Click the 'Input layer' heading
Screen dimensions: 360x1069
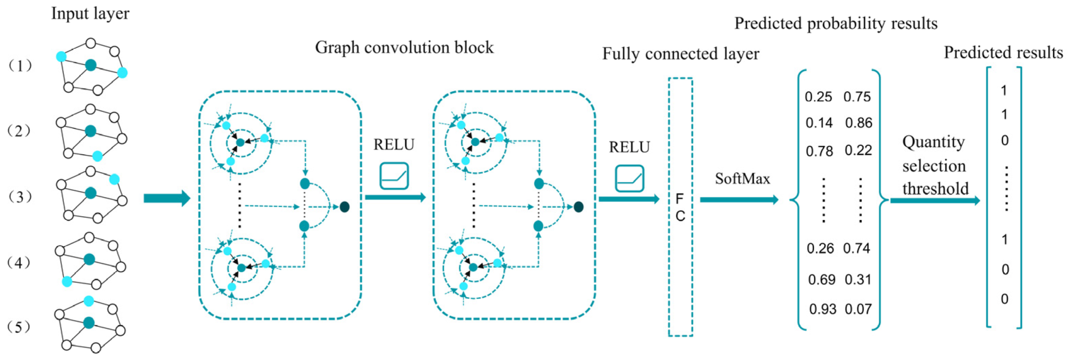pos(90,14)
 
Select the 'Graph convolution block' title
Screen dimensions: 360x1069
pos(404,47)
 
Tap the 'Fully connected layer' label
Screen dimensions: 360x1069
pos(680,54)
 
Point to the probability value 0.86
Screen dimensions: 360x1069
pos(858,123)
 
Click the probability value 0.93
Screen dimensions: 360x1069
pos(822,309)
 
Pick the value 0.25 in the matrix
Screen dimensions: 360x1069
pos(818,97)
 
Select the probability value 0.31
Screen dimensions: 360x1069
pos(857,280)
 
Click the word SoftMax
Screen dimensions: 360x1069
pos(742,179)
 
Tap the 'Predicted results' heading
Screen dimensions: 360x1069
pos(1003,53)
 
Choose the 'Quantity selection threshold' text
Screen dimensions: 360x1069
pos(934,165)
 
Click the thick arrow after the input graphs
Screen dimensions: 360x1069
pos(166,198)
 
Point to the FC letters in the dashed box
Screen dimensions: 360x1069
pos(680,207)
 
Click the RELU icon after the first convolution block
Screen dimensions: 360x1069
pos(394,176)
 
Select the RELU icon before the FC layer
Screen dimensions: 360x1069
pos(629,179)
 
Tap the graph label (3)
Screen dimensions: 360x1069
pos(20,197)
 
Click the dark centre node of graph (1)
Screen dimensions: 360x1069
pos(90,65)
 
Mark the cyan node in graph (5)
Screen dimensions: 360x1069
pos(88,301)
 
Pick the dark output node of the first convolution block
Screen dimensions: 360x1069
pos(344,207)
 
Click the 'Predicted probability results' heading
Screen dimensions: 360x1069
pos(835,23)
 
